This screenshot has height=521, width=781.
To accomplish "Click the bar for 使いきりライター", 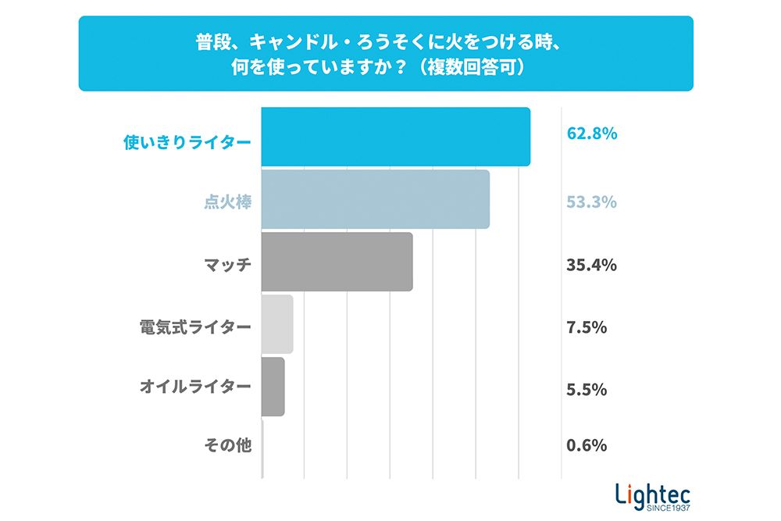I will coord(395,137).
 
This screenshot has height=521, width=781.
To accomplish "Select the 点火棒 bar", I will coord(375,199).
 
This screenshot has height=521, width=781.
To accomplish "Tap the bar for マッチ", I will coord(337,262).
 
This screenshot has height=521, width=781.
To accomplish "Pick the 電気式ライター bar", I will coord(277,324).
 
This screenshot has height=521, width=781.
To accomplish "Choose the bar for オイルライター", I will coord(273,387).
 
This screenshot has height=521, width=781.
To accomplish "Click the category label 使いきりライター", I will coord(187,142).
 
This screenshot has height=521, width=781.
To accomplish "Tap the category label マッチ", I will coord(227,265).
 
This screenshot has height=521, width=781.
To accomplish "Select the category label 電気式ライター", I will coord(195,327).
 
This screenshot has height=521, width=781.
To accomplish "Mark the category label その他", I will coord(227,445).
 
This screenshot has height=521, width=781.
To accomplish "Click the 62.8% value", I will coord(592,134).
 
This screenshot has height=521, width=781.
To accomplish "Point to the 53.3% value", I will coord(592,202).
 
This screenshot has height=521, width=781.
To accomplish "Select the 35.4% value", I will coord(592,265).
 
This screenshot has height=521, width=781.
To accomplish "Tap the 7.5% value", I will coord(587,327).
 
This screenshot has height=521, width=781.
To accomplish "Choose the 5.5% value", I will coord(587,390).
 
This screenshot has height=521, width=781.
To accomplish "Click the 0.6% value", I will coord(587,446).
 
